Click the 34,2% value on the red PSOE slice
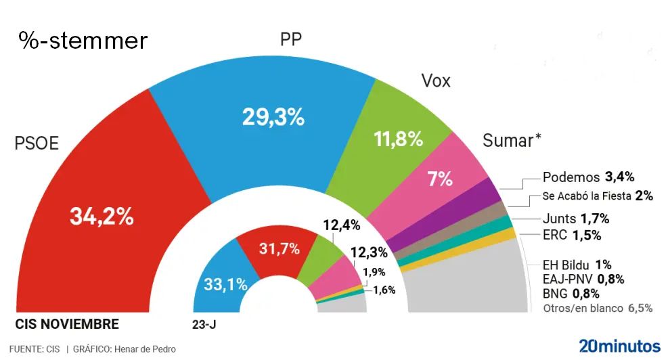[102, 217]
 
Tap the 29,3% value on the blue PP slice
[273, 117]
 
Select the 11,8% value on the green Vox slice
[398, 139]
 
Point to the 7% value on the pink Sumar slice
[440, 179]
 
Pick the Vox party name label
[436, 82]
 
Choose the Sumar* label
[512, 141]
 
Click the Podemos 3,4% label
[588, 177]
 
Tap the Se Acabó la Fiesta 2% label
[598, 196]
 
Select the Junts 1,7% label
[576, 219]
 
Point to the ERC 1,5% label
[572, 235]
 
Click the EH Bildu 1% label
[577, 265]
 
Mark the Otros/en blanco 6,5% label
[598, 308]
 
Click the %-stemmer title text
[83, 41]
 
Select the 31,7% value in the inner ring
[280, 249]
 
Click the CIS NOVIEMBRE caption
[67, 324]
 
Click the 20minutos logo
[619, 344]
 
